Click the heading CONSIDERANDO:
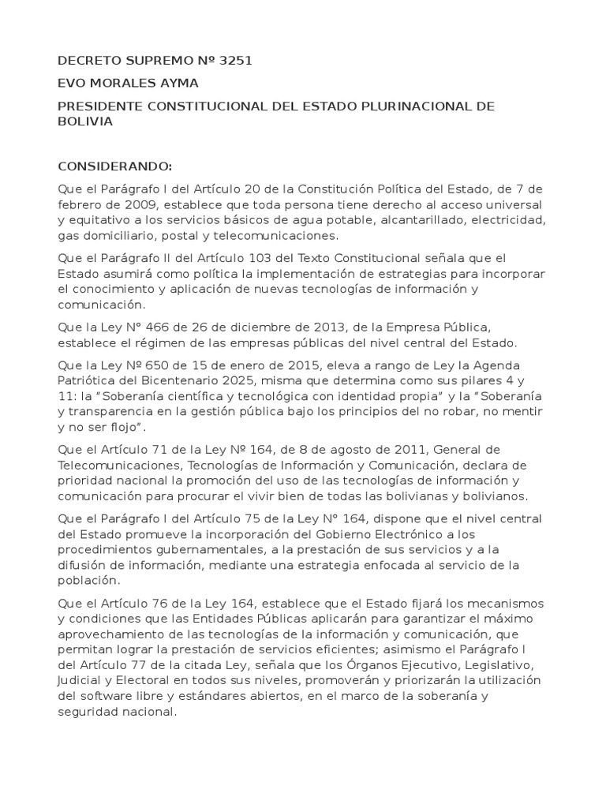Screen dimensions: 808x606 pyautogui.click(x=114, y=166)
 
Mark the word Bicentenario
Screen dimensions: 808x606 pyautogui.click(x=193, y=380)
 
